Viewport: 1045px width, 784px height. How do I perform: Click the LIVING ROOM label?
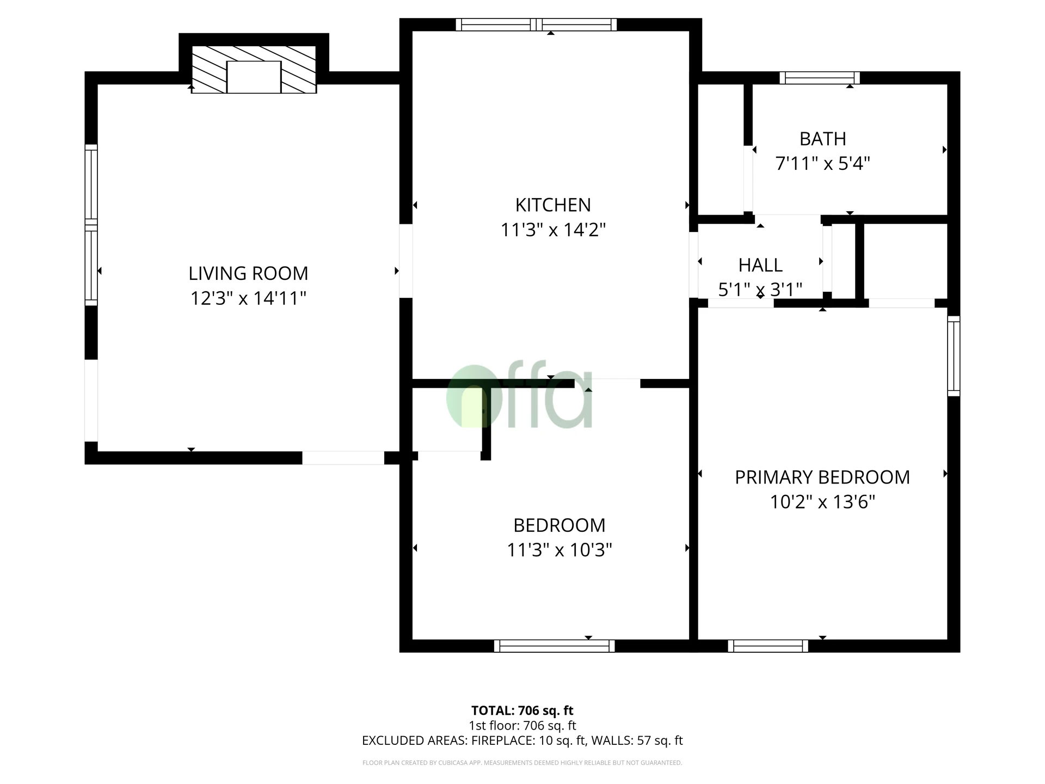tap(248, 273)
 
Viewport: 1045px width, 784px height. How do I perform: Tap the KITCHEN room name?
tap(553, 205)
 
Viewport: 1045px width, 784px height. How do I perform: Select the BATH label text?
tap(822, 139)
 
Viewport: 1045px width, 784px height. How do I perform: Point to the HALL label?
tap(760, 266)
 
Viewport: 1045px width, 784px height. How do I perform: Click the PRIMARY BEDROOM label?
tap(822, 477)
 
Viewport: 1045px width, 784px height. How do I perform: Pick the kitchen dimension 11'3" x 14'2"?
tap(553, 230)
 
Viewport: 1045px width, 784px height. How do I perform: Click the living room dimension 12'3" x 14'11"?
tap(248, 298)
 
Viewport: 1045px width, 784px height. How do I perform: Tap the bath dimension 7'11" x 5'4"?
tap(822, 164)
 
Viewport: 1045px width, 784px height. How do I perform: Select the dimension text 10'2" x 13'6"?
tap(822, 502)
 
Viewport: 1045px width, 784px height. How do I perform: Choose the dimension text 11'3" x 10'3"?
tap(560, 550)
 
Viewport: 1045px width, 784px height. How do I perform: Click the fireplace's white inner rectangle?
tap(254, 77)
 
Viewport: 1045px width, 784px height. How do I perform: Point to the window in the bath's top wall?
tap(819, 78)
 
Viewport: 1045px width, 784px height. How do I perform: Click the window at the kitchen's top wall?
tap(536, 24)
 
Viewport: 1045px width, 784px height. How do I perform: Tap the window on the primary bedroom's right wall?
tap(954, 356)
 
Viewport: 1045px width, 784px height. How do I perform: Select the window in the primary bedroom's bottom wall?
tap(768, 646)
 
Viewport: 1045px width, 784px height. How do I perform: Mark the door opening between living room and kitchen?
tap(405, 261)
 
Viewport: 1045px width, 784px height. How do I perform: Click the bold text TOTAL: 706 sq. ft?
tap(522, 710)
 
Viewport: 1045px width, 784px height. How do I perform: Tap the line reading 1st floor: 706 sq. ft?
tap(522, 725)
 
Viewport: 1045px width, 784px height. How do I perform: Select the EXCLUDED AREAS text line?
tap(522, 740)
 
